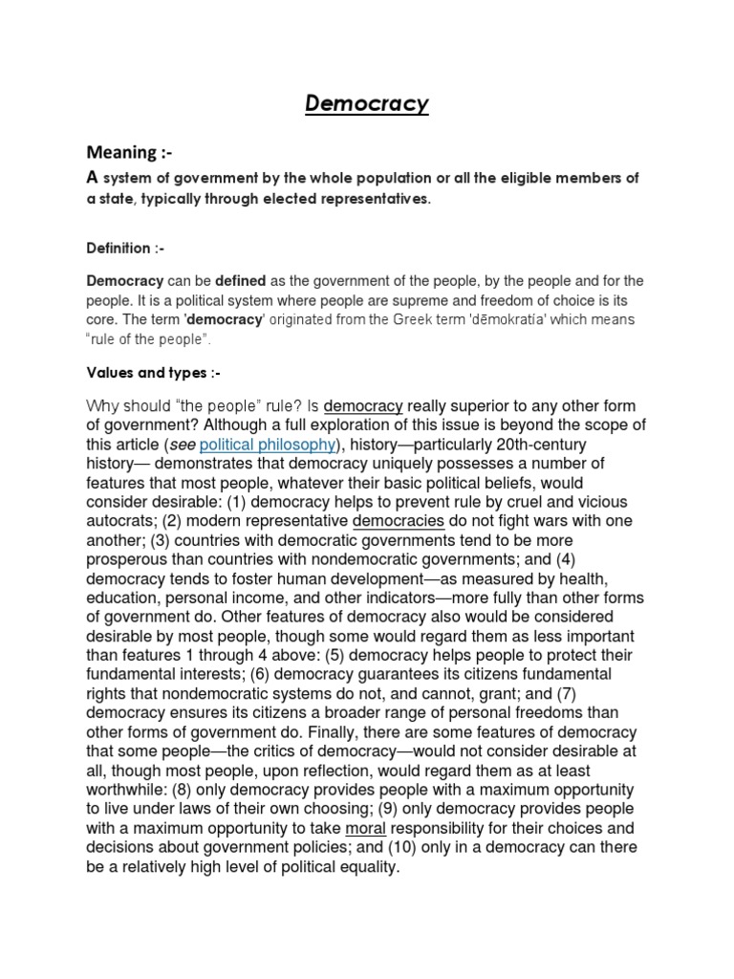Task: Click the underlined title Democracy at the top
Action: tap(367, 103)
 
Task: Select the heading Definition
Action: tap(126, 249)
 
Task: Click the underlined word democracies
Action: tap(399, 521)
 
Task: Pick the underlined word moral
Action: tap(365, 828)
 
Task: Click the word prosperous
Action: tap(128, 559)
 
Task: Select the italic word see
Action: tap(180, 445)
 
